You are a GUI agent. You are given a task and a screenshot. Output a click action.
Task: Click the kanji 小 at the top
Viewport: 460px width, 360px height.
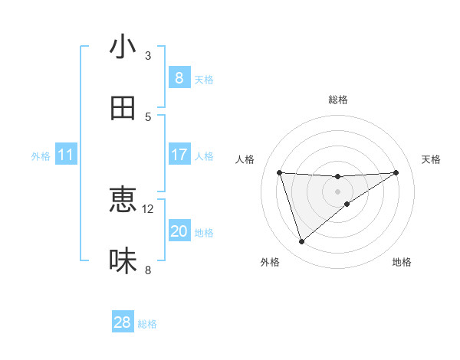[122, 47]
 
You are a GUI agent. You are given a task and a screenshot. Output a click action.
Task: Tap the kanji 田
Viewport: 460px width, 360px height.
[122, 108]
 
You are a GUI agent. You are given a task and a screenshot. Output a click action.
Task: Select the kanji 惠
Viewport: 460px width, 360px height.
[122, 200]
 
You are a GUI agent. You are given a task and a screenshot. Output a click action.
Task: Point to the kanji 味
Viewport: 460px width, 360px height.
[122, 260]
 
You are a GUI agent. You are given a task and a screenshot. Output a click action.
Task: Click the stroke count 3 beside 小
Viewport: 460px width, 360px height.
[148, 55]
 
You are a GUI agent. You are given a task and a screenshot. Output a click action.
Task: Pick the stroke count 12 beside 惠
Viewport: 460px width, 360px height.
[148, 208]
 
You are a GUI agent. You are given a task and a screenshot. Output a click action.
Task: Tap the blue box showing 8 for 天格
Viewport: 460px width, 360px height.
[179, 78]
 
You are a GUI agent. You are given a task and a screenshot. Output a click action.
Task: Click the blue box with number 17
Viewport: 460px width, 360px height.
[179, 155]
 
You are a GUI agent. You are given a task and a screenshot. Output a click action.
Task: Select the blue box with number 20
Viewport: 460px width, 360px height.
[179, 231]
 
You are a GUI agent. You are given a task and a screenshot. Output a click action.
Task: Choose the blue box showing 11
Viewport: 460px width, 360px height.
[65, 155]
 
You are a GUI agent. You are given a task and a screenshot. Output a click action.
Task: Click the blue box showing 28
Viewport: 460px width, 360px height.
[123, 322]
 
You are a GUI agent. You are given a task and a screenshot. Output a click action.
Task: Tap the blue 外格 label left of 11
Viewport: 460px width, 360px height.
[41, 156]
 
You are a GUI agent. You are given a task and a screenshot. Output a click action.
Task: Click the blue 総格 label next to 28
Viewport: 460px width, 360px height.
[147, 324]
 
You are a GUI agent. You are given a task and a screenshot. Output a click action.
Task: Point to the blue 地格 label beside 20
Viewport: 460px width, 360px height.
[204, 233]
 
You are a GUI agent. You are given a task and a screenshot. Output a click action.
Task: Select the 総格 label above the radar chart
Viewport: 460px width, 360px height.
[337, 100]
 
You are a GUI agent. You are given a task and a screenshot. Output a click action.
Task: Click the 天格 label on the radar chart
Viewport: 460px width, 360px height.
[431, 159]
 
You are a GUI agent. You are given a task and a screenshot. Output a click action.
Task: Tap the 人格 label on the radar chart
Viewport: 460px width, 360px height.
[245, 159]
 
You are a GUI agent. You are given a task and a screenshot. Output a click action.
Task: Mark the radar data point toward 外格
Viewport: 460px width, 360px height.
[301, 242]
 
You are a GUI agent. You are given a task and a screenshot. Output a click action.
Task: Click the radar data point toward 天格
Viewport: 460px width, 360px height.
[396, 172]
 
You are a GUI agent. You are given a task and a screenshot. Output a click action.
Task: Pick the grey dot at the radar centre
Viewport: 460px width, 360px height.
[337, 191]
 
